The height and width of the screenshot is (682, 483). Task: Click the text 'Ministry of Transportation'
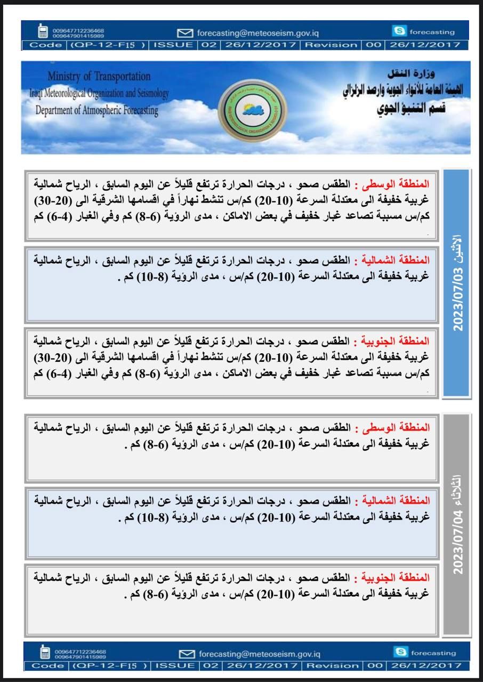tap(99, 77)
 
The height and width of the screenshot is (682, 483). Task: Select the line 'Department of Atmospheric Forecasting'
tap(96, 111)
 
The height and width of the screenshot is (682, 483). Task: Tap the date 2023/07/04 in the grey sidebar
tap(457, 541)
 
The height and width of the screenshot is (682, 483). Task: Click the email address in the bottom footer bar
tap(259, 654)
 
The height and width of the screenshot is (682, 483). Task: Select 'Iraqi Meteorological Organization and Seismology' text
tap(99, 94)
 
